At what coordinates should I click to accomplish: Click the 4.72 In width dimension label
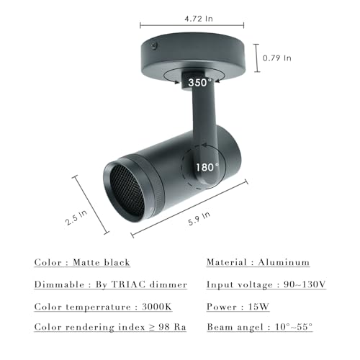199,19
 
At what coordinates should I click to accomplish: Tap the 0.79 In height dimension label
276,58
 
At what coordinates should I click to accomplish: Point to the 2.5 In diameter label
76,217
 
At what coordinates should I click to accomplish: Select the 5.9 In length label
199,219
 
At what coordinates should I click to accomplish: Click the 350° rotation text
200,83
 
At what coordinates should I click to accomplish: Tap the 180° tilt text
207,167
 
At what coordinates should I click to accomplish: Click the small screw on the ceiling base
154,45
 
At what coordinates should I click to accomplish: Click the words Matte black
102,262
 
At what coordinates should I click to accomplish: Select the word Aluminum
284,262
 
